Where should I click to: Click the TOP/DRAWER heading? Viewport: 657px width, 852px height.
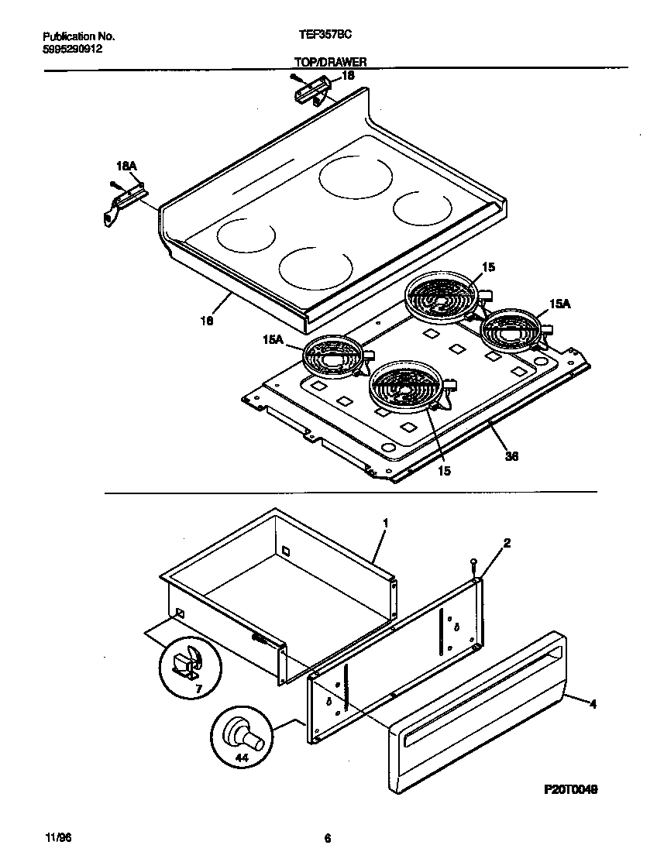coord(330,61)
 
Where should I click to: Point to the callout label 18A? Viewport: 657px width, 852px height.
coord(126,167)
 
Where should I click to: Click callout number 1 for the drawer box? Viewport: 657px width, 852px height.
coord(385,524)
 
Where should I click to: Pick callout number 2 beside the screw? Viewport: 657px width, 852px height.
coord(507,543)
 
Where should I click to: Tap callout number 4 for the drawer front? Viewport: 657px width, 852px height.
coord(593,704)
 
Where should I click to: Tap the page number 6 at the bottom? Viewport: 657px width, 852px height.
coord(327,838)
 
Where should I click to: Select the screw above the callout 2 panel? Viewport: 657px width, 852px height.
coord(473,565)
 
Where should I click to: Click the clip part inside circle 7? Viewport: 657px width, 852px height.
coord(188,661)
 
